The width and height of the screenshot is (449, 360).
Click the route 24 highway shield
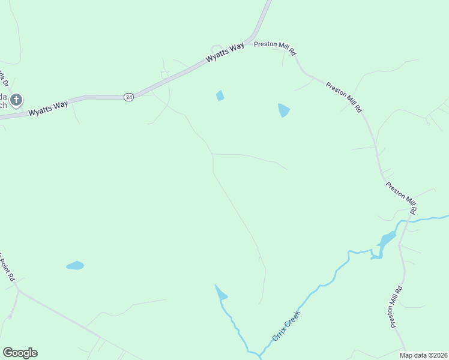click(128, 97)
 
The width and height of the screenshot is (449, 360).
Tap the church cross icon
click(16, 100)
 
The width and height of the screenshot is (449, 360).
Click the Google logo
click(20, 353)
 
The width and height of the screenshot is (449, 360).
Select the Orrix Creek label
click(285, 326)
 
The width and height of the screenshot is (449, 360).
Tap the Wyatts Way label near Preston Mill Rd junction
click(225, 53)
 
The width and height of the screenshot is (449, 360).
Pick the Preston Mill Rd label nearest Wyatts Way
click(276, 47)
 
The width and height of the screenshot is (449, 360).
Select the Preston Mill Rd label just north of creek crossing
click(401, 197)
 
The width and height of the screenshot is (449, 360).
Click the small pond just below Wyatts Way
click(220, 95)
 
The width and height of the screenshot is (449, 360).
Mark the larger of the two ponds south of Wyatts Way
click(283, 110)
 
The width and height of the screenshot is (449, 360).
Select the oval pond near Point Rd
click(75, 265)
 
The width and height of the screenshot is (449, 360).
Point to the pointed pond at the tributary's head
click(221, 293)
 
